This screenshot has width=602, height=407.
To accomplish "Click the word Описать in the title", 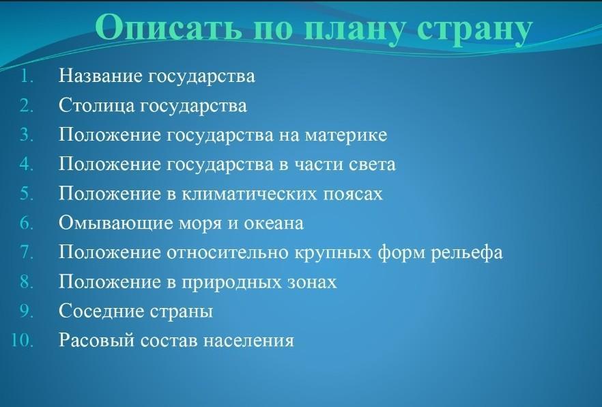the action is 168,27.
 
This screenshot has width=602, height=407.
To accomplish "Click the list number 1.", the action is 26,76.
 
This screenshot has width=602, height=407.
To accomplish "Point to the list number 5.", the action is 26,193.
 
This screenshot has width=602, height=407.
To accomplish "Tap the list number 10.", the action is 23,341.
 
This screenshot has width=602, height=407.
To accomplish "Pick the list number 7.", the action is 26,252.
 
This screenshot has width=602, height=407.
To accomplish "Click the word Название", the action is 101,76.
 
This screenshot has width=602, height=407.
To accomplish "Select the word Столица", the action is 96,106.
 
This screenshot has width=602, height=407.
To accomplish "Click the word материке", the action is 346,135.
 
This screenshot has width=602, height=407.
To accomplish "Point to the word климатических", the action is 249,193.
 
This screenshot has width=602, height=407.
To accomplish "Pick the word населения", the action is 248,341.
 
